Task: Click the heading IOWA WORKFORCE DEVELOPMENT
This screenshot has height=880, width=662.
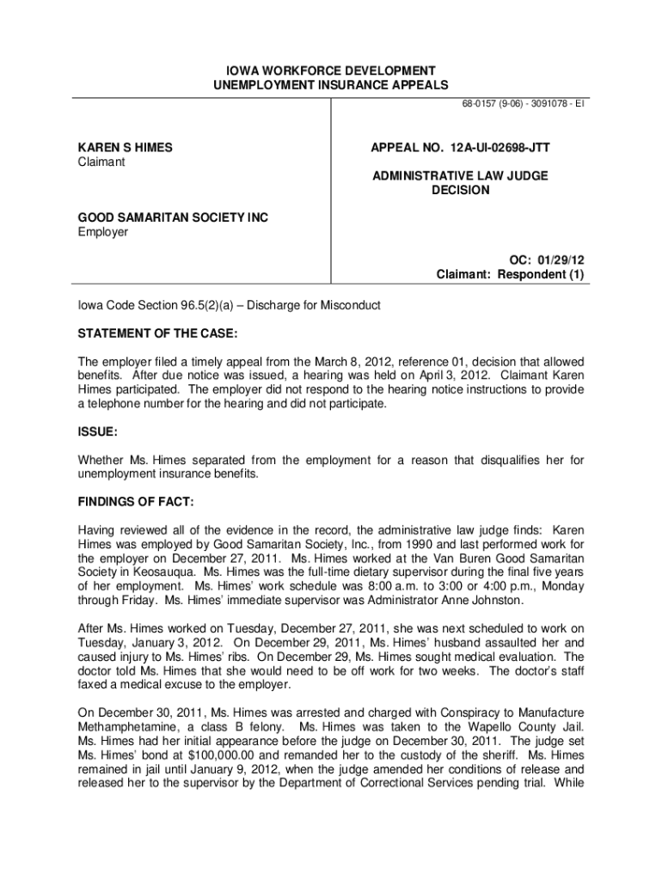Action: (331, 70)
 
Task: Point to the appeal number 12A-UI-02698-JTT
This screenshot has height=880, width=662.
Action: (460, 148)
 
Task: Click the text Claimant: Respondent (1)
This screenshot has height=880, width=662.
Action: (510, 275)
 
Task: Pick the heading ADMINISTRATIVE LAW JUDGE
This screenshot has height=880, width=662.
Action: (460, 176)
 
